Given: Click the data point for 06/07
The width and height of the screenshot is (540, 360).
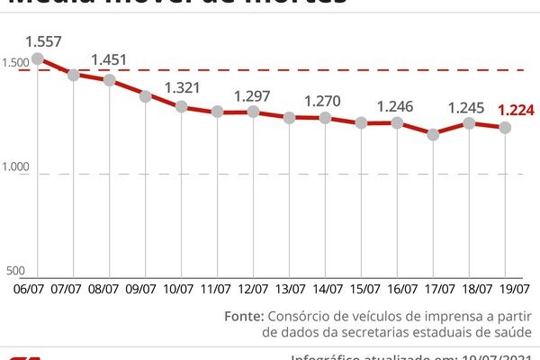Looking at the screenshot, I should click(37, 58).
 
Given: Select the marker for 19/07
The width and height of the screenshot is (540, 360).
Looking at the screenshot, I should click(506, 128).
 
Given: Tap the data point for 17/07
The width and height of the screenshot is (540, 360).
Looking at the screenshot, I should click(434, 134).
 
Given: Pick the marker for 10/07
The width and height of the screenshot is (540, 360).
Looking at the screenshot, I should click(182, 106).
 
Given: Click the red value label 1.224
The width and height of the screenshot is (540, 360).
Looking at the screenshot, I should click(517, 111).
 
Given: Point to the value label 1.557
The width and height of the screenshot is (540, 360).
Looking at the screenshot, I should click(42, 40).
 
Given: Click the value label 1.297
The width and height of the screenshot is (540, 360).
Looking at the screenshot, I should click(253, 95).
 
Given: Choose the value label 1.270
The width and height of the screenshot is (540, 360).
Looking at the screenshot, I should click(325, 101).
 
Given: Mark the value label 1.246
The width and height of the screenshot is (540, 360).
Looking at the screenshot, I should click(397, 106).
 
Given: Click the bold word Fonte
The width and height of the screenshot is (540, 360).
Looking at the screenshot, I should click(244, 316).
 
